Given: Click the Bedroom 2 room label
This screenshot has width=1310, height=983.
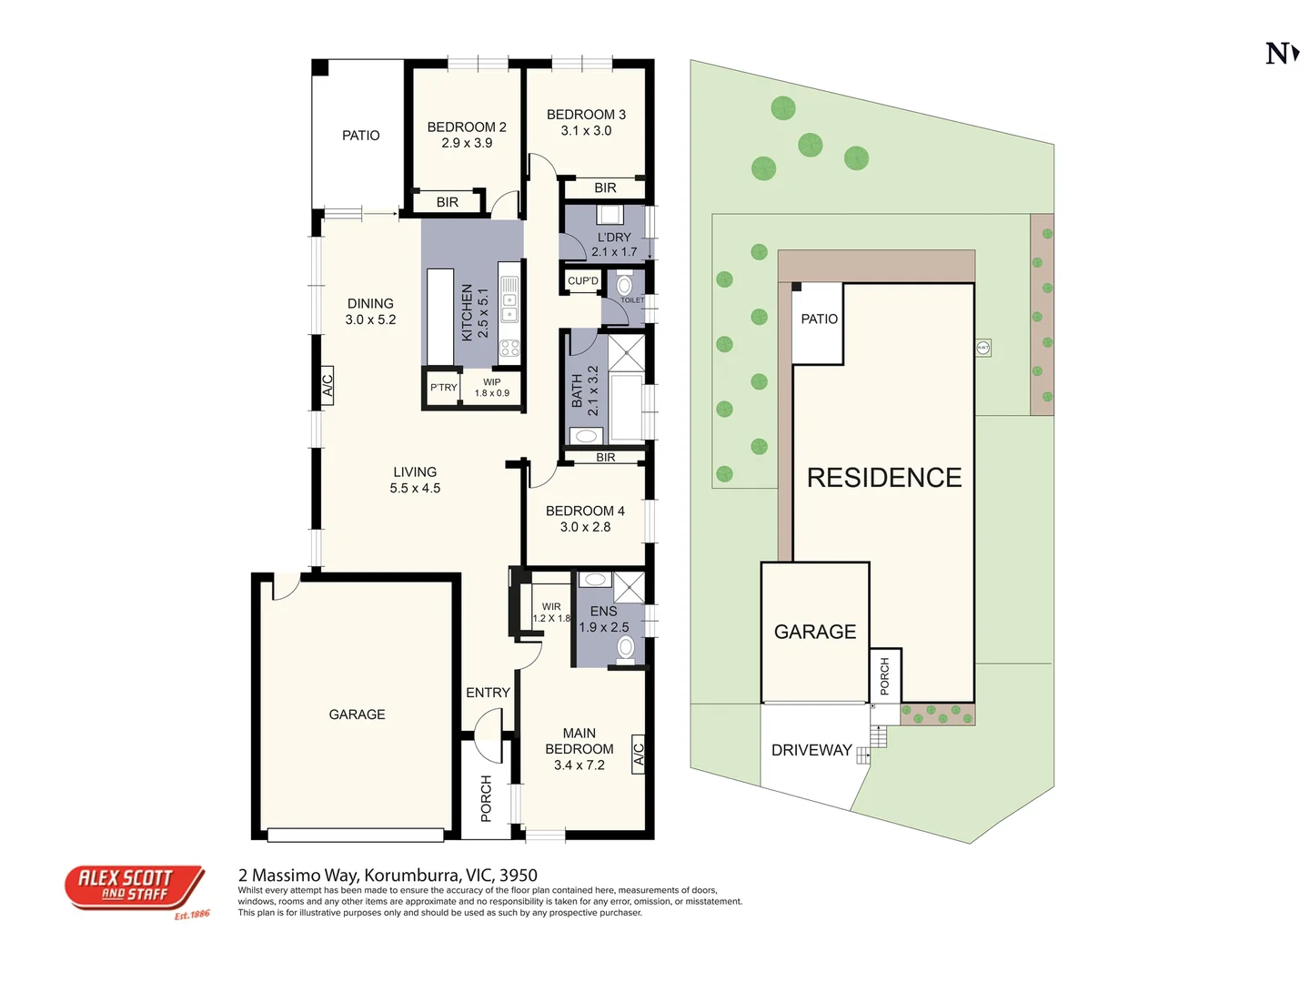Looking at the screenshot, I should click(467, 127).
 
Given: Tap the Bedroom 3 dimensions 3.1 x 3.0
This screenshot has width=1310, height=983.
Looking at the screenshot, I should click(586, 131).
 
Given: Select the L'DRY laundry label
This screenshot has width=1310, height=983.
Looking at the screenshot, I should click(614, 238).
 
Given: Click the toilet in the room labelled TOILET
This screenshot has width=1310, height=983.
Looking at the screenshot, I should click(625, 286).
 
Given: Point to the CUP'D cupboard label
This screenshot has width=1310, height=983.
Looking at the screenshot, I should click(583, 281).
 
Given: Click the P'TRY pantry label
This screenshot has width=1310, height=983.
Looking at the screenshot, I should click(444, 388).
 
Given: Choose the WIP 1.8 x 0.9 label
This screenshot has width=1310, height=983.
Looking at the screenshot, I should click(492, 388).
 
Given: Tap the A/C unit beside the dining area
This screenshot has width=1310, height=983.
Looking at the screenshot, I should click(327, 385).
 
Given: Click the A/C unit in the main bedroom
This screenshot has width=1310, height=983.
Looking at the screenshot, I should click(639, 755).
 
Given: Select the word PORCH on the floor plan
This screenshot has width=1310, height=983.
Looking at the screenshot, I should click(486, 798).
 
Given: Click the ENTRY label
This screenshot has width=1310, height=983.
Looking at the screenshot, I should click(488, 693).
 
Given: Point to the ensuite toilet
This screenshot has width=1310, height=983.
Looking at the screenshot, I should click(626, 648).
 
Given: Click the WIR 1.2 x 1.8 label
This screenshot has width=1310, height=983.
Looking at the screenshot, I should click(551, 613).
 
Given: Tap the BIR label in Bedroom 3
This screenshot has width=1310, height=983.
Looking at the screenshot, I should click(605, 188).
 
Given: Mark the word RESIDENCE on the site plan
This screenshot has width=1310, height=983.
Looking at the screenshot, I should click(884, 478).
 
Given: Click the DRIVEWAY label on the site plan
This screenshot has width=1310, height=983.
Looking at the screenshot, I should click(811, 750).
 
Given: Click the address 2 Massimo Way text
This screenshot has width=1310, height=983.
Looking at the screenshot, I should click(388, 876).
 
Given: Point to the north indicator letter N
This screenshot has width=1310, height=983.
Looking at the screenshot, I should click(1279, 54).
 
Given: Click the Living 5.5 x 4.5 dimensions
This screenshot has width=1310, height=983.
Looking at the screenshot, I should click(415, 489).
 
